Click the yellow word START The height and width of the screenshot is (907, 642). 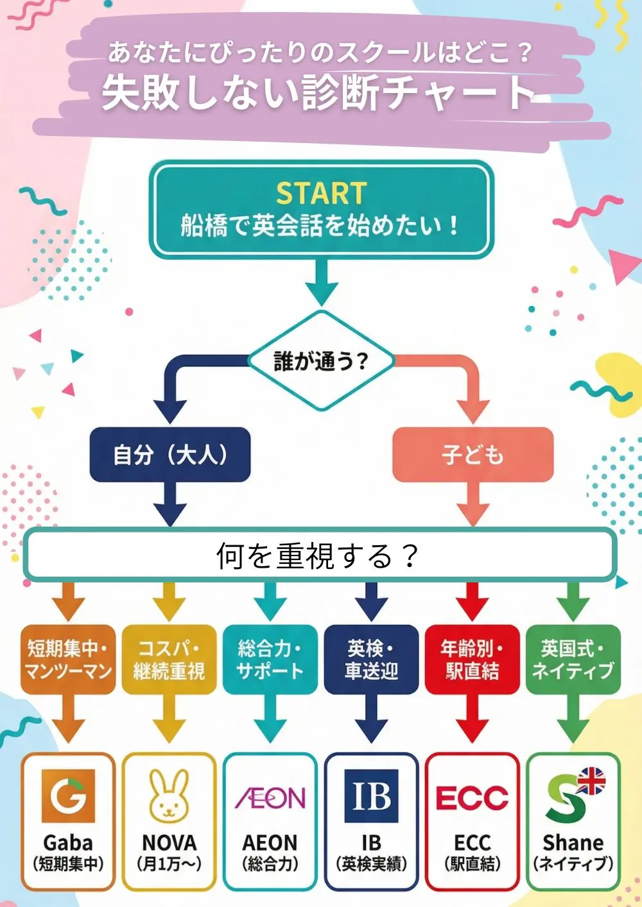coord(321,193)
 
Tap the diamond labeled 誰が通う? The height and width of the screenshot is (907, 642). coord(321,360)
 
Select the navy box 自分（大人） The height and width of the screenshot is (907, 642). coord(169,455)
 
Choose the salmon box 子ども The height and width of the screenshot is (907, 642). coord(473,455)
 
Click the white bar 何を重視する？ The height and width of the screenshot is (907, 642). coord(320,555)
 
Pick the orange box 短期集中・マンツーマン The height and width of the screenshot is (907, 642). coord(68,659)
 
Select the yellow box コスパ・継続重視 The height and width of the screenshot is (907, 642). coord(169,659)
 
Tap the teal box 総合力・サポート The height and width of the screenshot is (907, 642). coord(270,659)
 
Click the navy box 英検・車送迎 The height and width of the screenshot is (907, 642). coord(371,659)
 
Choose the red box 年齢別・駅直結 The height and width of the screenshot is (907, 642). coord(472,659)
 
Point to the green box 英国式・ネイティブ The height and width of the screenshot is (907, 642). coord(573,659)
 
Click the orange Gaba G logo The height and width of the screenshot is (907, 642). coord(68,796)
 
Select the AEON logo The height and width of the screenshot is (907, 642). coord(270,798)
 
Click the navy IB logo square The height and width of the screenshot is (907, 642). coord(371,796)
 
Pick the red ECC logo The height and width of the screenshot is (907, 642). coord(472,798)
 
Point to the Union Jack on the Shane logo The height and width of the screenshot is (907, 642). coord(591,781)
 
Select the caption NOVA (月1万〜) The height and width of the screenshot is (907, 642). coord(169,852)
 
